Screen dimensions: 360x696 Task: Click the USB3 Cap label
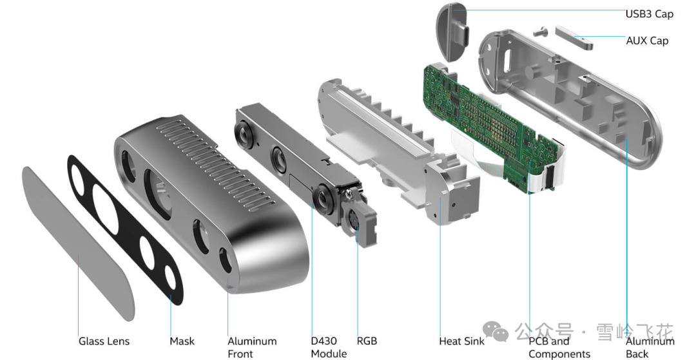[x=649, y=14]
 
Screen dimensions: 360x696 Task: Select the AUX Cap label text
[x=647, y=41]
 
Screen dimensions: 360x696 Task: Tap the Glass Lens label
[x=104, y=341]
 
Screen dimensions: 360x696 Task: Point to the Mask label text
[x=182, y=341]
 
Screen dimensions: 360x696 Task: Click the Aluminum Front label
[x=252, y=347]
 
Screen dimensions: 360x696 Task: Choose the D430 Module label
[x=329, y=347]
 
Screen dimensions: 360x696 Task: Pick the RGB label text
[x=367, y=341]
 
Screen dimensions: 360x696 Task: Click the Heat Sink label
[x=461, y=341]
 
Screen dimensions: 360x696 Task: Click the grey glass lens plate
[x=81, y=245]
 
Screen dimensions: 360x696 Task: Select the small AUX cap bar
[x=574, y=37]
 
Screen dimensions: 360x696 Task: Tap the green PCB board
[x=490, y=122]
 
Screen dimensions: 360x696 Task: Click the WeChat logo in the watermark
[x=496, y=332]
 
